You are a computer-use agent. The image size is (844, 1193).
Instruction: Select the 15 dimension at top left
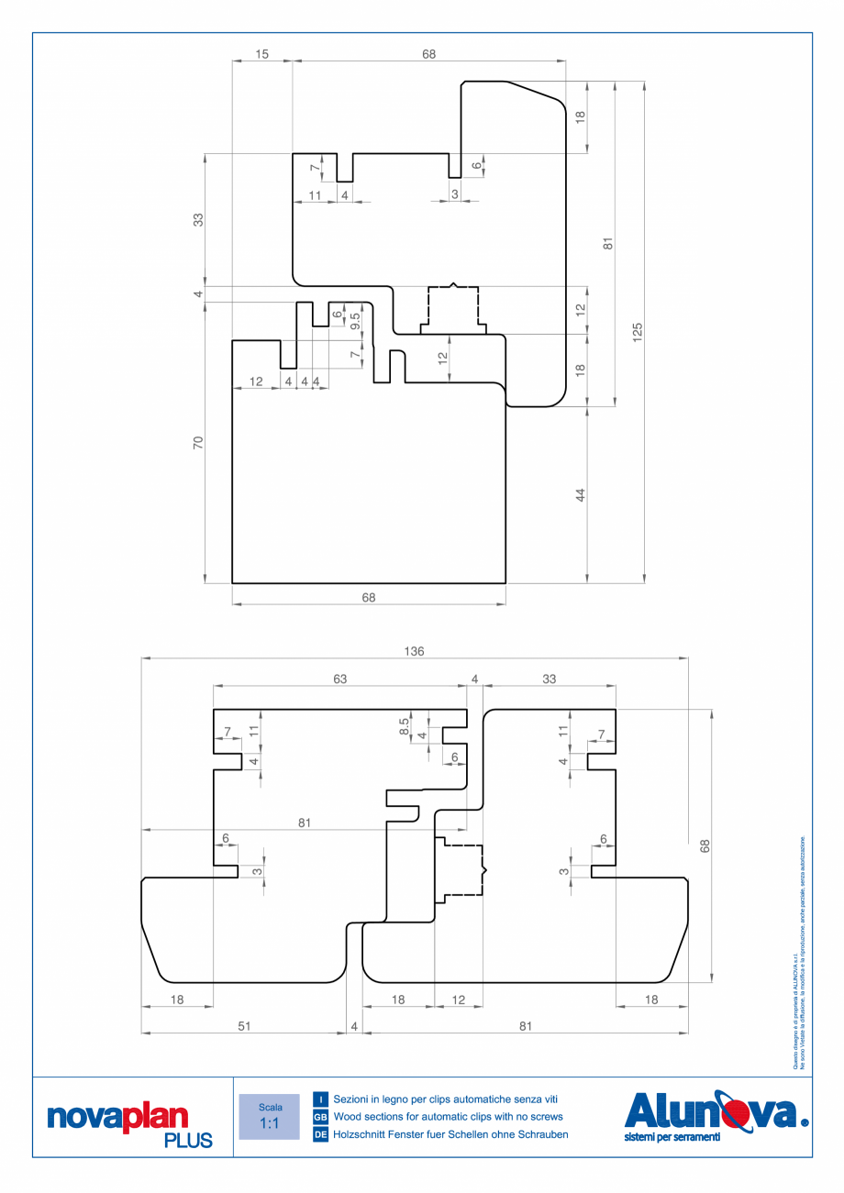[261, 55]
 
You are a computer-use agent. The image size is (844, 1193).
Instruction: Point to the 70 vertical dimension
[198, 443]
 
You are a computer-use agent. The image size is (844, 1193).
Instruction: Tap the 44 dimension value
[581, 495]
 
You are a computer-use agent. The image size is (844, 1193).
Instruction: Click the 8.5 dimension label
[405, 726]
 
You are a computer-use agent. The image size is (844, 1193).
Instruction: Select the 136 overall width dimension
[414, 651]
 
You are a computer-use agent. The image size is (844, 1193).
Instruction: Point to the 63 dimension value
[339, 679]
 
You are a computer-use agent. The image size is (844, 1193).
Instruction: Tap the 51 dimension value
[244, 1026]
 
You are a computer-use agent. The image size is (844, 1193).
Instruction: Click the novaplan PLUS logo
[129, 1124]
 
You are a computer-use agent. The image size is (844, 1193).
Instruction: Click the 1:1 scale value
[269, 1123]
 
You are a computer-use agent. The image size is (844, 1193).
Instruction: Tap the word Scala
[269, 1107]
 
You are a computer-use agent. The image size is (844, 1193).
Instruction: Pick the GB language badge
[321, 1117]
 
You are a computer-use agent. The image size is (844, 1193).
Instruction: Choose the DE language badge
[321, 1135]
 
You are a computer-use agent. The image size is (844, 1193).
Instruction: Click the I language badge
[321, 1099]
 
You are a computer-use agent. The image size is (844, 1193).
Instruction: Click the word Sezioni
[354, 1099]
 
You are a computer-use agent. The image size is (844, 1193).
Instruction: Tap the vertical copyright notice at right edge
[799, 954]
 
